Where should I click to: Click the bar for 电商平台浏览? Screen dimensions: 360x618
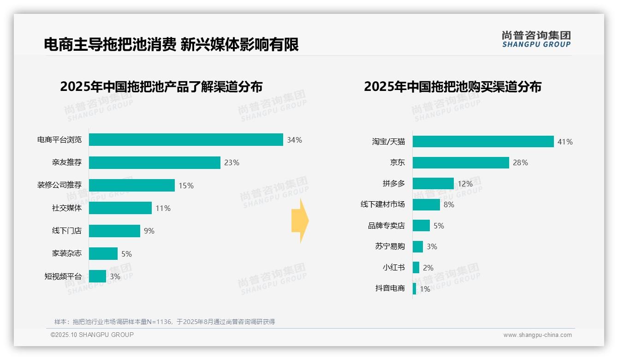point(186,140)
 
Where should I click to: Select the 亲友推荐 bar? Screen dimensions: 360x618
point(154,162)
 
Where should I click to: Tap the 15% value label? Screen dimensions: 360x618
point(186,186)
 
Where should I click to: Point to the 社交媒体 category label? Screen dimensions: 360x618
point(67,208)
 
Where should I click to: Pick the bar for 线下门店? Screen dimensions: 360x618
point(114,231)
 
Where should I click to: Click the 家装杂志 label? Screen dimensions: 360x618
point(67,253)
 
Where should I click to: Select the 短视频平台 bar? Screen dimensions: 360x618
point(97,276)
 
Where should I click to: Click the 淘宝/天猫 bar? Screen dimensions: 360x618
point(483,142)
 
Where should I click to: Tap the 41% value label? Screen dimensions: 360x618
point(565,142)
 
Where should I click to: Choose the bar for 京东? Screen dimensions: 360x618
point(461,162)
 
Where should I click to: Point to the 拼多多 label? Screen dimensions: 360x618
point(394,184)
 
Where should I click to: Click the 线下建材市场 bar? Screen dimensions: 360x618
point(426,204)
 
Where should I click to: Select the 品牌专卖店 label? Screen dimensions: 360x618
point(386,226)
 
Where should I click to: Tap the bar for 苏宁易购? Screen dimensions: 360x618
point(417,246)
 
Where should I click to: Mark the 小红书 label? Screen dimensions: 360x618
point(394,268)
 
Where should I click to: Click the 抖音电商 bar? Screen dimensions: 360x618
point(414,288)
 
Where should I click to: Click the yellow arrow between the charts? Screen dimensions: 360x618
point(300,221)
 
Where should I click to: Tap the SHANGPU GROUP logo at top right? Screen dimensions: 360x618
point(536,39)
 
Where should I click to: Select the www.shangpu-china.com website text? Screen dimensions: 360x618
point(537,335)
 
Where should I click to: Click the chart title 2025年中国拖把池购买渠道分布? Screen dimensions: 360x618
point(452,87)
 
